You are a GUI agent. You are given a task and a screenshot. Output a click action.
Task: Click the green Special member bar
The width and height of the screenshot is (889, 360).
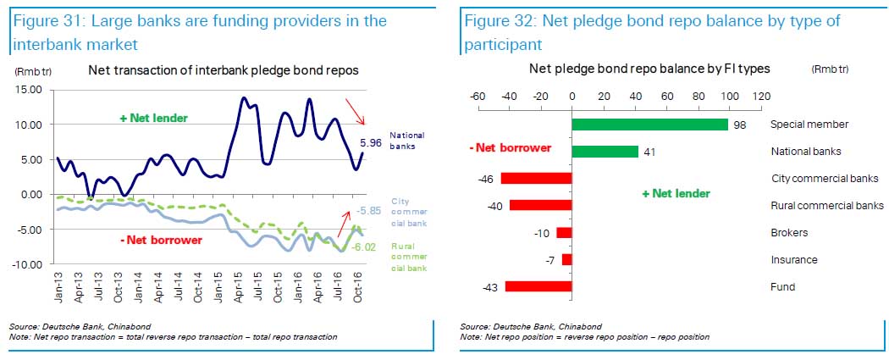coord(649,125)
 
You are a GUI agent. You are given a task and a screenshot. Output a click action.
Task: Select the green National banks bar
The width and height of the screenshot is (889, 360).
coord(605,152)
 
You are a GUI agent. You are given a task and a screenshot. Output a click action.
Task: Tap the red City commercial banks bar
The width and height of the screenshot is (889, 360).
coord(536,179)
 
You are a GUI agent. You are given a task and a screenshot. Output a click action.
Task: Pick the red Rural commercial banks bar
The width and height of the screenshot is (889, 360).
coord(540,206)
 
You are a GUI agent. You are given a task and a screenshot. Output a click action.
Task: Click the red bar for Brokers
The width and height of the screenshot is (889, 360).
coord(564,233)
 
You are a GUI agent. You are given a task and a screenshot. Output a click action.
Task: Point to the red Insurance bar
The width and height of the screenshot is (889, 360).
coord(566,260)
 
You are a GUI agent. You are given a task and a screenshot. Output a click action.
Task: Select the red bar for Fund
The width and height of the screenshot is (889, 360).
coord(538,287)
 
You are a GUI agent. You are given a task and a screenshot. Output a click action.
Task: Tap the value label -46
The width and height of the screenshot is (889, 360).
coord(484,179)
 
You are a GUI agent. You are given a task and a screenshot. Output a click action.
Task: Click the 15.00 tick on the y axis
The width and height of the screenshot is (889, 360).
coord(30,89)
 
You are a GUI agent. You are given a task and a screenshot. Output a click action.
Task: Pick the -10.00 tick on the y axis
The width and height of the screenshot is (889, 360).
coord(28,264)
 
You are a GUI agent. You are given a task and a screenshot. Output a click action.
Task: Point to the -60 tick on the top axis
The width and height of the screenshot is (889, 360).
coord(477,96)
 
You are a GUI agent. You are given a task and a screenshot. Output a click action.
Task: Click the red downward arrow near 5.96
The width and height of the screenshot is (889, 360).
coord(354,112)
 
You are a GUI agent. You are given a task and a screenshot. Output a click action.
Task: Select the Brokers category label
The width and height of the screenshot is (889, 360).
coord(789,233)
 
